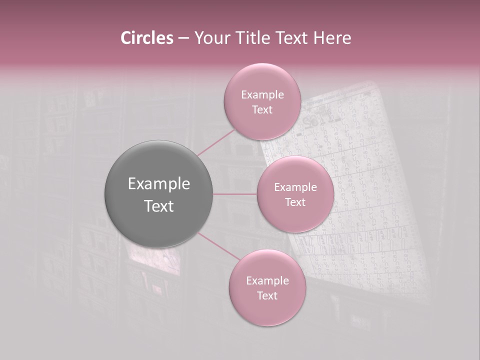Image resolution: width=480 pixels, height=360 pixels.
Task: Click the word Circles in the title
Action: tap(146, 38)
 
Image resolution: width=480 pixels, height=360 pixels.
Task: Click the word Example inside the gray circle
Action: tap(159, 184)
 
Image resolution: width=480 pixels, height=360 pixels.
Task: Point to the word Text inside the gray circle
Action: tap(159, 206)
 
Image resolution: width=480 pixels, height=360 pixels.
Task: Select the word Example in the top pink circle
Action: tap(262, 94)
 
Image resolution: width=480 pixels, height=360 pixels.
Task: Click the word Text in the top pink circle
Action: tap(262, 109)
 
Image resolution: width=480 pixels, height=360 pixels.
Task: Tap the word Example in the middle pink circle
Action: tap(295, 187)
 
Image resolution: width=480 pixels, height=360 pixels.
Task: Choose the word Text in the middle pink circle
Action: tap(295, 202)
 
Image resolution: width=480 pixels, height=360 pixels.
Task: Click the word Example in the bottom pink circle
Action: tap(267, 280)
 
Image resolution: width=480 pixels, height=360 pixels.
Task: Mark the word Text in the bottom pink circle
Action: tap(267, 295)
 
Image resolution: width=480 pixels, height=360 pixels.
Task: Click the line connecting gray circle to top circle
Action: tap(216, 143)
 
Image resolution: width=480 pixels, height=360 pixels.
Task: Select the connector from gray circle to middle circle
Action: tap(235, 194)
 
